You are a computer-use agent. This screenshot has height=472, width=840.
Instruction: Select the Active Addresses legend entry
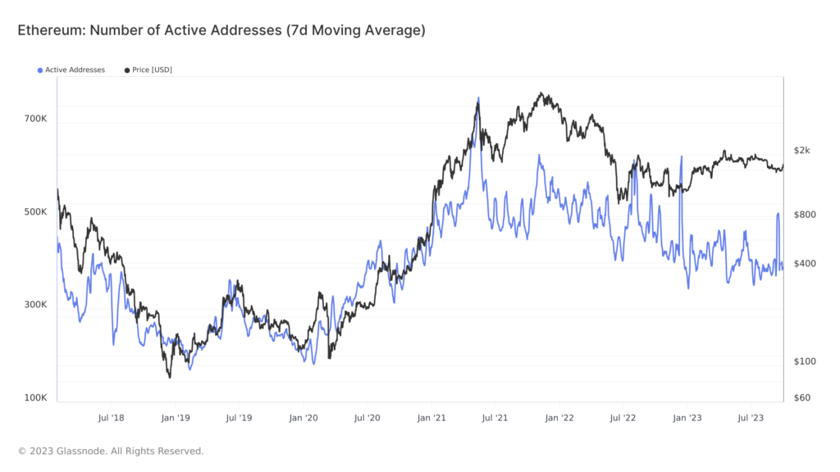[x=75, y=70]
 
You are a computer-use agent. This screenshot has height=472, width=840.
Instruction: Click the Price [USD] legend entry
[x=152, y=70]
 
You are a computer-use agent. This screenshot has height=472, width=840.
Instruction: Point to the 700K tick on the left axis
[x=35, y=119]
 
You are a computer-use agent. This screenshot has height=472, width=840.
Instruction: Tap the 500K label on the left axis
[x=35, y=212]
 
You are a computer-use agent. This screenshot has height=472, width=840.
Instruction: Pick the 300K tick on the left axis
[x=35, y=305]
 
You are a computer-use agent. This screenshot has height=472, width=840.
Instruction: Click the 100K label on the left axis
[x=35, y=398]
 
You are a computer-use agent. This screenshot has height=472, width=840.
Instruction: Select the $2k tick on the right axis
[x=802, y=150]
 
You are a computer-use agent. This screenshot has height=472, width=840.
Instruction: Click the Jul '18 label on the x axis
[x=111, y=418]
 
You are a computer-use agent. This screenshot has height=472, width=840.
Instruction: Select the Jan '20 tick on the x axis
[x=303, y=418]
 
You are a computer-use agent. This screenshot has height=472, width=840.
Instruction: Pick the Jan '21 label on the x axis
[x=431, y=418]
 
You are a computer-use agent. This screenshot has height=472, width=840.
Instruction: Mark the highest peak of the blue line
[x=477, y=98]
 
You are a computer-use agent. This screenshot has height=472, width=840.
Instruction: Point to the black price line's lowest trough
[x=170, y=377]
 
